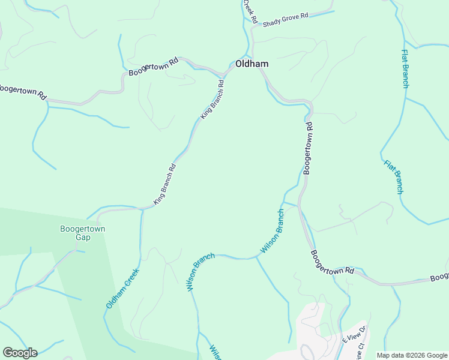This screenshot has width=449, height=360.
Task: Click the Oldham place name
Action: [252, 64]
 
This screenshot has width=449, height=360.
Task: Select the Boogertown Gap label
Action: [83, 233]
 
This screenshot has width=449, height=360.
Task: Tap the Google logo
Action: [20, 353]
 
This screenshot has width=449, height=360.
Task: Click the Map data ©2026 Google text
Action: [412, 355]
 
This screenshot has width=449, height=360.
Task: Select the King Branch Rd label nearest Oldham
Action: [212, 99]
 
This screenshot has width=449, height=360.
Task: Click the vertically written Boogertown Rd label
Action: [308, 148]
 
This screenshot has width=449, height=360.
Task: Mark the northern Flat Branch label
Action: [405, 68]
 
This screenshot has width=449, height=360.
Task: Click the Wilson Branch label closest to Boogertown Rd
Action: [272, 231]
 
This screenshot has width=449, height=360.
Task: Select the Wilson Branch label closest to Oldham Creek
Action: [200, 272]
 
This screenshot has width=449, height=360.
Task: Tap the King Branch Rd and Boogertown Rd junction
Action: [223, 77]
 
